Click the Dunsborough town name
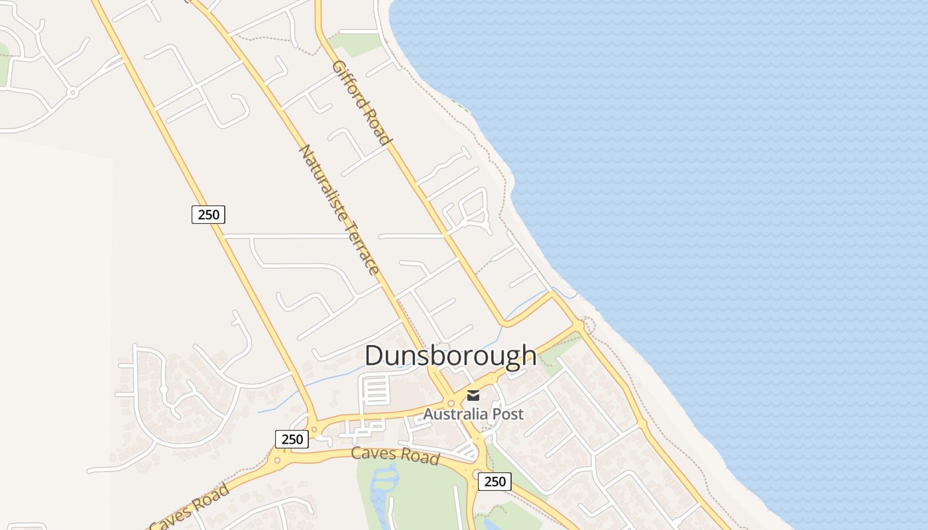pos(450,355)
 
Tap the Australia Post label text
pos(473,414)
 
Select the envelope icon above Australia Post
pos(473,396)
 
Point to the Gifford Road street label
pos(361,102)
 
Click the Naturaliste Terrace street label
pos(339,209)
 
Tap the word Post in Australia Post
pos(508,414)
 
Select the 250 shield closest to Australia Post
pos(494,482)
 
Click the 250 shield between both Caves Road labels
pos(292,439)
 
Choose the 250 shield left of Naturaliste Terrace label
pos(208,215)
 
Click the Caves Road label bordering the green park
pos(394,454)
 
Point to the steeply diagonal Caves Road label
pos(190,507)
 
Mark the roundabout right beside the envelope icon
pos(451,402)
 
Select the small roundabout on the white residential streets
pos(73,93)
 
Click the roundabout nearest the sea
pos(580,325)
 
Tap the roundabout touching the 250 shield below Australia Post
pos(476,474)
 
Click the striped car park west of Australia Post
pos(376,390)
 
